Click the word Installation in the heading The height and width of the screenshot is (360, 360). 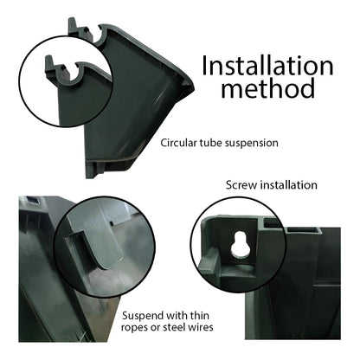click(267, 66)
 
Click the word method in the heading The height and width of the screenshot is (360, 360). click(268, 88)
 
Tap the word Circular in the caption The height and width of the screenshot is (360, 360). click(178, 143)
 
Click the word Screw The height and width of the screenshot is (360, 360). click(241, 185)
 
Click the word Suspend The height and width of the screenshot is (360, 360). click(142, 316)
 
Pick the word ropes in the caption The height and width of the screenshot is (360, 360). click(134, 327)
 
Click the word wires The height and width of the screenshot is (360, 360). click(201, 327)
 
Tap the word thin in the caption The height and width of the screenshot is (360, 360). click(198, 315)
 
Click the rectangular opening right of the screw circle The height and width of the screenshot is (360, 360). click(304, 230)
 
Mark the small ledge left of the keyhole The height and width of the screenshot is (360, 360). click(208, 260)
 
